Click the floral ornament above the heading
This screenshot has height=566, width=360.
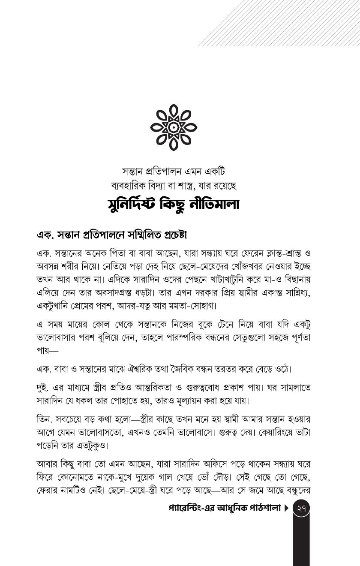174,127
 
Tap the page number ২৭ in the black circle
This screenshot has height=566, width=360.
301,509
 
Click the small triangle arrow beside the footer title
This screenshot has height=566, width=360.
286,509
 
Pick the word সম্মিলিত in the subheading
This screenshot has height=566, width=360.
130,235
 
